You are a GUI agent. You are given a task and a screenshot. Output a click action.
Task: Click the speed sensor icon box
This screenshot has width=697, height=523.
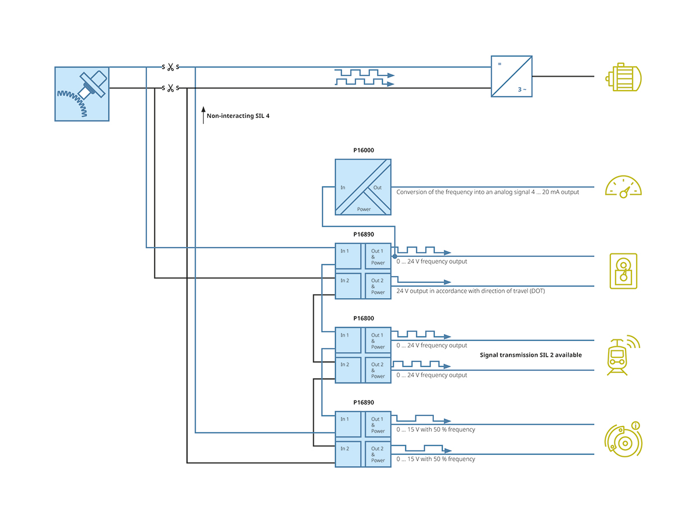[82, 94]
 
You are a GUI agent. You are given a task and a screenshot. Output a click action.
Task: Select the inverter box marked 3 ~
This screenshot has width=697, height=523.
[512, 76]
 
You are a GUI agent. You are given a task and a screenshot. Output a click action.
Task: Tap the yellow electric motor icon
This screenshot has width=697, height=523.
[623, 77]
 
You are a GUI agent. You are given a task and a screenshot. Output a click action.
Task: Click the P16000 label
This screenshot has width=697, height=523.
[364, 150]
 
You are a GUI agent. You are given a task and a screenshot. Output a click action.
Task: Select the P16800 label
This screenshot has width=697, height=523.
[364, 318]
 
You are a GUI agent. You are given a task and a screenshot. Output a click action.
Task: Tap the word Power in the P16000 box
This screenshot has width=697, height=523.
[364, 209]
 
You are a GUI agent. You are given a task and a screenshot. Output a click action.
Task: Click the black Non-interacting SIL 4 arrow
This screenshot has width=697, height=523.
[203, 115]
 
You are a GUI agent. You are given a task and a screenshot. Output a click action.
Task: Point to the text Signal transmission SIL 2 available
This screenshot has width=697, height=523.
[530, 355]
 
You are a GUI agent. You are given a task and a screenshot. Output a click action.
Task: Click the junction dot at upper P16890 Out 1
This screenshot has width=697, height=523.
[394, 256]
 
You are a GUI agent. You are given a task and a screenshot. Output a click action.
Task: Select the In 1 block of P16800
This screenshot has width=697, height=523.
[348, 341]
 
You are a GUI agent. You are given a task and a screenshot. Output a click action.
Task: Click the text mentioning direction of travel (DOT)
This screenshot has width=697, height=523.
[470, 291]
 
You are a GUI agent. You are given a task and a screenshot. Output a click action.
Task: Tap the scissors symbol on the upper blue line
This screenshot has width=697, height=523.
[170, 67]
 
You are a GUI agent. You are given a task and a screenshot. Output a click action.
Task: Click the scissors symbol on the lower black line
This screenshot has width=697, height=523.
[170, 88]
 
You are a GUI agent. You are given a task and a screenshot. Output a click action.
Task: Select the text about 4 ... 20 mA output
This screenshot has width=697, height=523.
[487, 192]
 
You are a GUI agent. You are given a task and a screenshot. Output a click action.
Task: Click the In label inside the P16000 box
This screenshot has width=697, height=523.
[343, 187]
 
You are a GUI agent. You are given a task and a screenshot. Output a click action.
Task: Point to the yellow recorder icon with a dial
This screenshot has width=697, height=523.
[623, 271]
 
